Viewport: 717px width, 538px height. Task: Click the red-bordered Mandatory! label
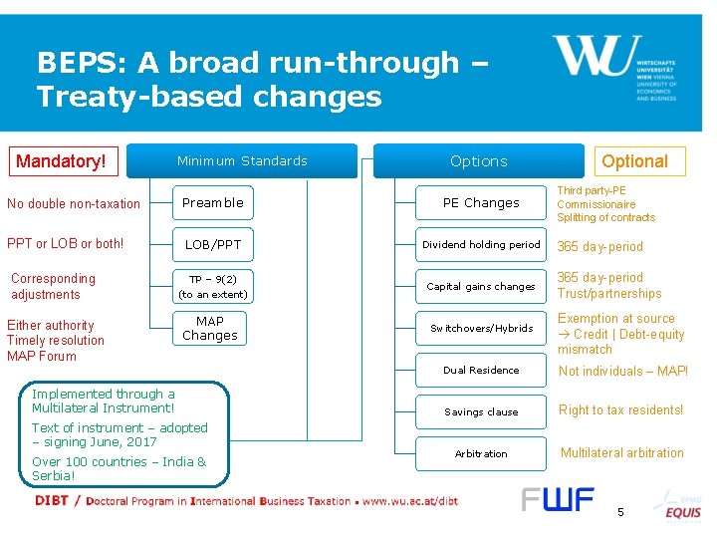pyautogui.click(x=61, y=160)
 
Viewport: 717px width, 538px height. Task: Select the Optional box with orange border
pyautogui.click(x=634, y=161)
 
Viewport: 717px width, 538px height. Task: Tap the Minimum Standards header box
pyautogui.click(x=242, y=160)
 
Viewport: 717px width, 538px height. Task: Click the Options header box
pyautogui.click(x=478, y=161)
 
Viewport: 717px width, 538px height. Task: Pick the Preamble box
pyautogui.click(x=212, y=202)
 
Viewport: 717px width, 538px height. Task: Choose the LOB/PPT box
pyautogui.click(x=212, y=244)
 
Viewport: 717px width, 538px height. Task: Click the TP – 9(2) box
pyautogui.click(x=212, y=286)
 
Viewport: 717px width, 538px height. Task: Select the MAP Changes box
pyautogui.click(x=210, y=328)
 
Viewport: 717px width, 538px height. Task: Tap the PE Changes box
pyautogui.click(x=481, y=202)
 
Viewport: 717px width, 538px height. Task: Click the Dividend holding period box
pyautogui.click(x=481, y=244)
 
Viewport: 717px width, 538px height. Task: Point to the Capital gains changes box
pyautogui.click(x=481, y=286)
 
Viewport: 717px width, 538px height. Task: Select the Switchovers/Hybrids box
pyautogui.click(x=481, y=328)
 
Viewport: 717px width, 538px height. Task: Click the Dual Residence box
pyautogui.click(x=481, y=370)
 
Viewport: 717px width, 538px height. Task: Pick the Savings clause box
pyautogui.click(x=481, y=411)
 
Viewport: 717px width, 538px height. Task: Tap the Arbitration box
pyautogui.click(x=481, y=453)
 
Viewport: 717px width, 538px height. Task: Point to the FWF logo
pyautogui.click(x=558, y=499)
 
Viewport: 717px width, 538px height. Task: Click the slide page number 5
pyautogui.click(x=620, y=512)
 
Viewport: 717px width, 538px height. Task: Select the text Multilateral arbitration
pyautogui.click(x=621, y=453)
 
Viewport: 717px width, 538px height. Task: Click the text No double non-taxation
pyautogui.click(x=74, y=204)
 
